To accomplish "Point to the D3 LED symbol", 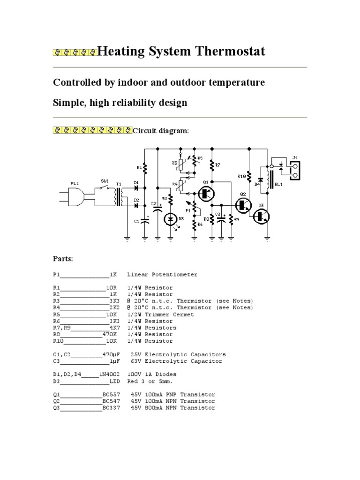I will [x=171, y=218].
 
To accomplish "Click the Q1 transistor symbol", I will [x=205, y=193].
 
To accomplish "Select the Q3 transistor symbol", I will [x=261, y=216].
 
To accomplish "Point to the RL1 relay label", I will [x=279, y=184].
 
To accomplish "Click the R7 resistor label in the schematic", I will [x=218, y=165].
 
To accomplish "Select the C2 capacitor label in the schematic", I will [x=153, y=203].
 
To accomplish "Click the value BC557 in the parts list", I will [x=111, y=395].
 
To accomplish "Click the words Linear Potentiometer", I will [x=162, y=274].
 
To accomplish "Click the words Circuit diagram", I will [x=161, y=131].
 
